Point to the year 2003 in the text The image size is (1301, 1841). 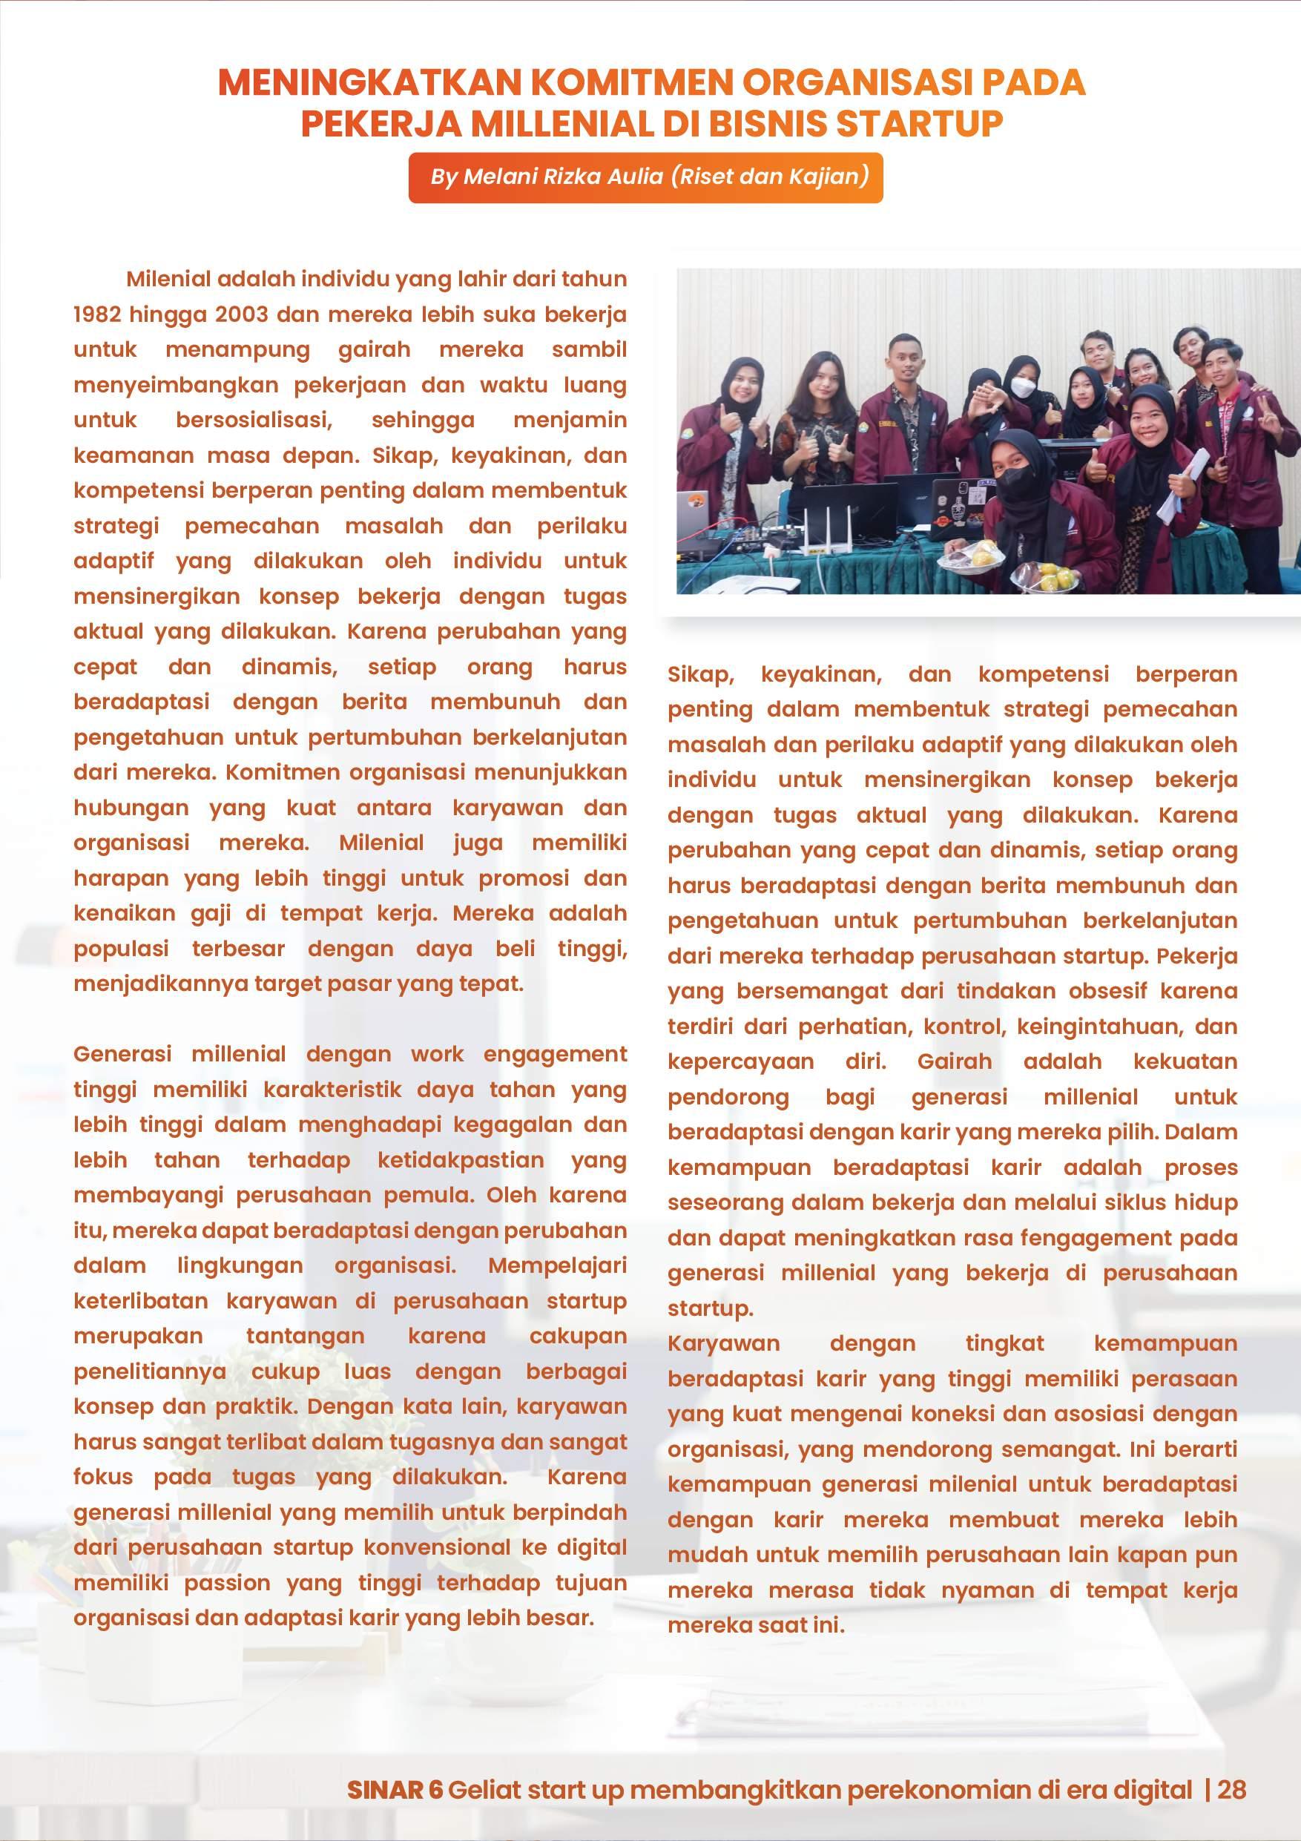point(241,314)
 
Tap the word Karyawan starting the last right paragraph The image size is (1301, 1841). point(723,1343)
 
